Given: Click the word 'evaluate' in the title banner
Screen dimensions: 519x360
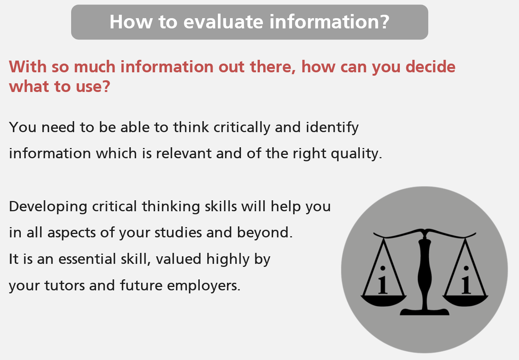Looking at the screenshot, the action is pyautogui.click(x=224, y=22).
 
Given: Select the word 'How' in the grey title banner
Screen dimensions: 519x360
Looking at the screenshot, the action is pyautogui.click(x=131, y=22).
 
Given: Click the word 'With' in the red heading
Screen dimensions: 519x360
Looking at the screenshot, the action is pyautogui.click(x=28, y=67).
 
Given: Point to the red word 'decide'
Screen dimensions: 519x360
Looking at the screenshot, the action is pyautogui.click(x=430, y=67).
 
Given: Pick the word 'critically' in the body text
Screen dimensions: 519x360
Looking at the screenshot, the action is pyautogui.click(x=242, y=128).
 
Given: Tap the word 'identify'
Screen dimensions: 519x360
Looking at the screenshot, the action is pyautogui.click(x=332, y=128).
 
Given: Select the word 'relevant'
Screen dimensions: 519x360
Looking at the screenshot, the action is pyautogui.click(x=184, y=153).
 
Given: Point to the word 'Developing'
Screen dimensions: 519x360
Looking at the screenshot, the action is pyautogui.click(x=48, y=207).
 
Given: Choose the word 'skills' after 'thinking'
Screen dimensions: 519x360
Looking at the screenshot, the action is pyautogui.click(x=221, y=206).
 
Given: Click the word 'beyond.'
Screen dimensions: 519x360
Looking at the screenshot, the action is pyautogui.click(x=265, y=232).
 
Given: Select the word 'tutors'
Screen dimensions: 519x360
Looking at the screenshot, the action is pyautogui.click(x=65, y=285).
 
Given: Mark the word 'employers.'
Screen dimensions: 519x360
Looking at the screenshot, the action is pyautogui.click(x=204, y=286).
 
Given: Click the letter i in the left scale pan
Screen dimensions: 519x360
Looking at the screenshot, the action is pyautogui.click(x=383, y=280).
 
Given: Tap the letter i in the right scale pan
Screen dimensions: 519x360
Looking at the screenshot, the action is pyautogui.click(x=466, y=280).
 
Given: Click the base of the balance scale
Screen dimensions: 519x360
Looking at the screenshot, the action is pyautogui.click(x=424, y=312).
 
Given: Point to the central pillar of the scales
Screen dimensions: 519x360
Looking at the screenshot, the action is pyautogui.click(x=425, y=271).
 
